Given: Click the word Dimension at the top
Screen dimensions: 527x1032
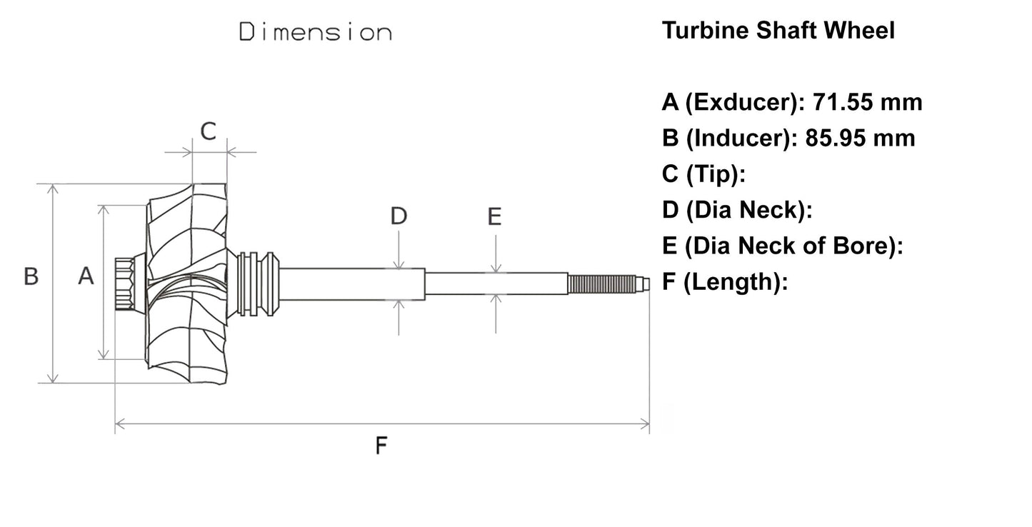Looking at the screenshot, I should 315,32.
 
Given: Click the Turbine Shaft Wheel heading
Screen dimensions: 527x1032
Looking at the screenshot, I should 778,31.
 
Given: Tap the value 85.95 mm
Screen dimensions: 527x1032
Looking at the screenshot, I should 860,137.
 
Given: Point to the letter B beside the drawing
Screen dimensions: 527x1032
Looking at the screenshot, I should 31,276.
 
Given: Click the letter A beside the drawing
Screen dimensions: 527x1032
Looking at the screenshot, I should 86,276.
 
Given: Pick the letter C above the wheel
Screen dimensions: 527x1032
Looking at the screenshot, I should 208,131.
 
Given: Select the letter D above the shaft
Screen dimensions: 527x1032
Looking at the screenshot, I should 399,216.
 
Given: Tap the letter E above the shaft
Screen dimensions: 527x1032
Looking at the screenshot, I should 494,216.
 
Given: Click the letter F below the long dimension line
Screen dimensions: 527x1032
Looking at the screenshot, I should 381,446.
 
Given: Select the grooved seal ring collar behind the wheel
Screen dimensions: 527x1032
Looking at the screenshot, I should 256,283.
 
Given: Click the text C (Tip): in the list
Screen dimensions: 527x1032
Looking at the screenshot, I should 704,174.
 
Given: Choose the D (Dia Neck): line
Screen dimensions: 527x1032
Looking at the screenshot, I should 738,210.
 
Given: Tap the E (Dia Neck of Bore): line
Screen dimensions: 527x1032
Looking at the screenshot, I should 783,246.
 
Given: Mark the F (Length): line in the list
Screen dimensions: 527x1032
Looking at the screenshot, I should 724,282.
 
